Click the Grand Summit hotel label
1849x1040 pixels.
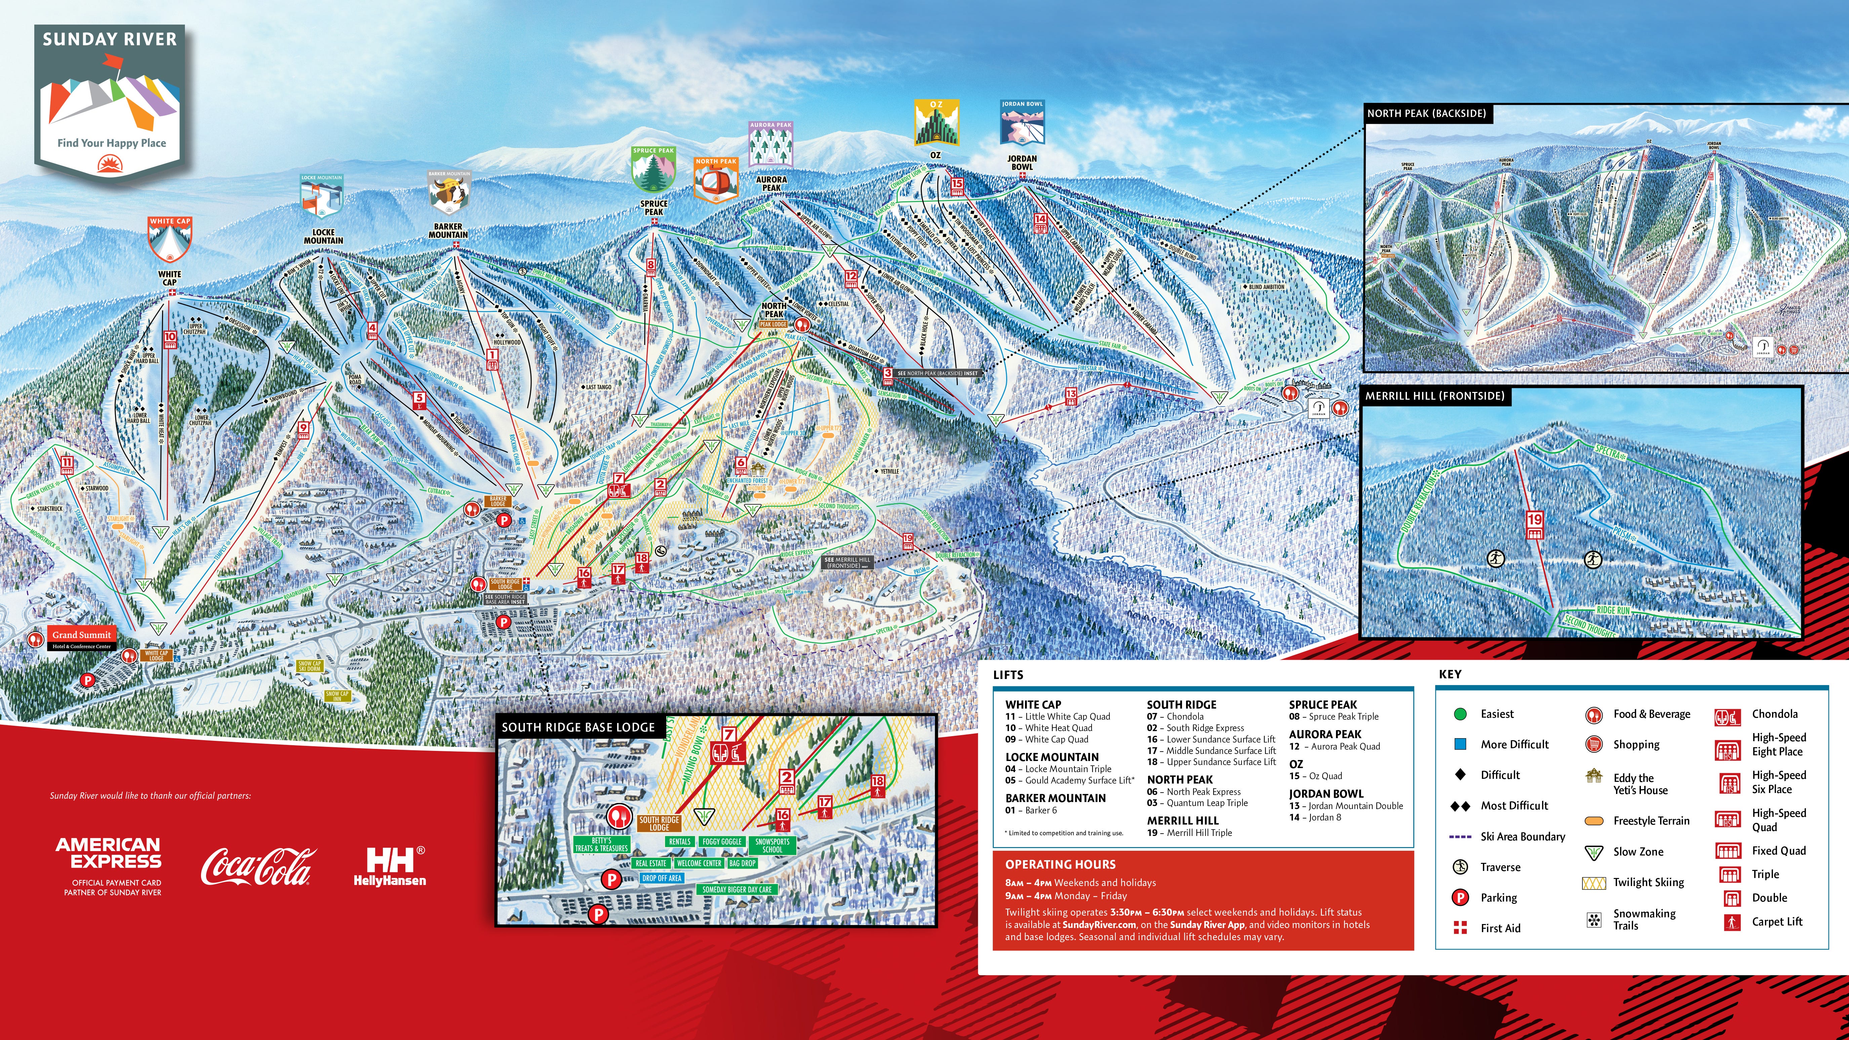coord(82,635)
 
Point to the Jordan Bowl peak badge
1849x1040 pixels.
coord(1022,123)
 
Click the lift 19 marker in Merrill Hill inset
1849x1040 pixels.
coord(1535,525)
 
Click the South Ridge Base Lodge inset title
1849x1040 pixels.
coord(578,727)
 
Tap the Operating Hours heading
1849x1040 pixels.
coord(1060,864)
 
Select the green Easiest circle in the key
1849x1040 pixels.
coord(1459,714)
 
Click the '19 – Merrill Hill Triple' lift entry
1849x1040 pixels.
coord(1189,833)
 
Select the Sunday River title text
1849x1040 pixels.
coord(110,39)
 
